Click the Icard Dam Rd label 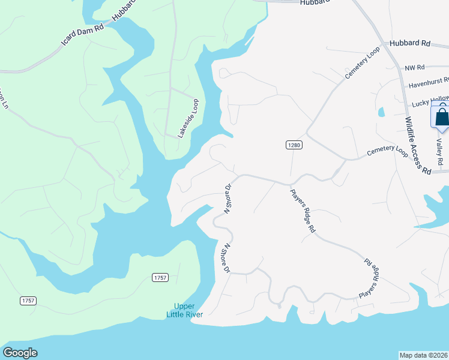pyautogui.click(x=82, y=35)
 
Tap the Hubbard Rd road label pyautogui.click(x=410, y=44)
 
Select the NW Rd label pyautogui.click(x=415, y=68)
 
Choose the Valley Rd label pyautogui.click(x=439, y=152)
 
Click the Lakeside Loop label pyautogui.click(x=188, y=119)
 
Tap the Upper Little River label pyautogui.click(x=185, y=310)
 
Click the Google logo pyautogui.click(x=20, y=353)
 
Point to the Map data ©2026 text pyautogui.click(x=423, y=355)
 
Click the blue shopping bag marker pyautogui.click(x=442, y=117)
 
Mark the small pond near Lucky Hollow pyautogui.click(x=381, y=112)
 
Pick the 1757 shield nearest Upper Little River pyautogui.click(x=160, y=277)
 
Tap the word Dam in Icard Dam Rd pyautogui.click(x=85, y=34)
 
